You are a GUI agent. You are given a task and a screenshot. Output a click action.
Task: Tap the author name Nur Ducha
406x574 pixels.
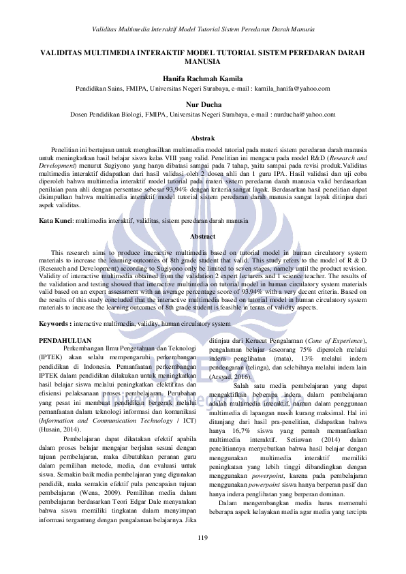[202, 104]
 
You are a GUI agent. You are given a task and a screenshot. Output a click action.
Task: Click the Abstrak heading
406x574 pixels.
[202, 138]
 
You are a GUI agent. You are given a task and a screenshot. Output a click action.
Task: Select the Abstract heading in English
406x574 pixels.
[202, 235]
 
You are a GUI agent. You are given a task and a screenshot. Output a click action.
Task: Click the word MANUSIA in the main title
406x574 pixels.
[202, 61]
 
